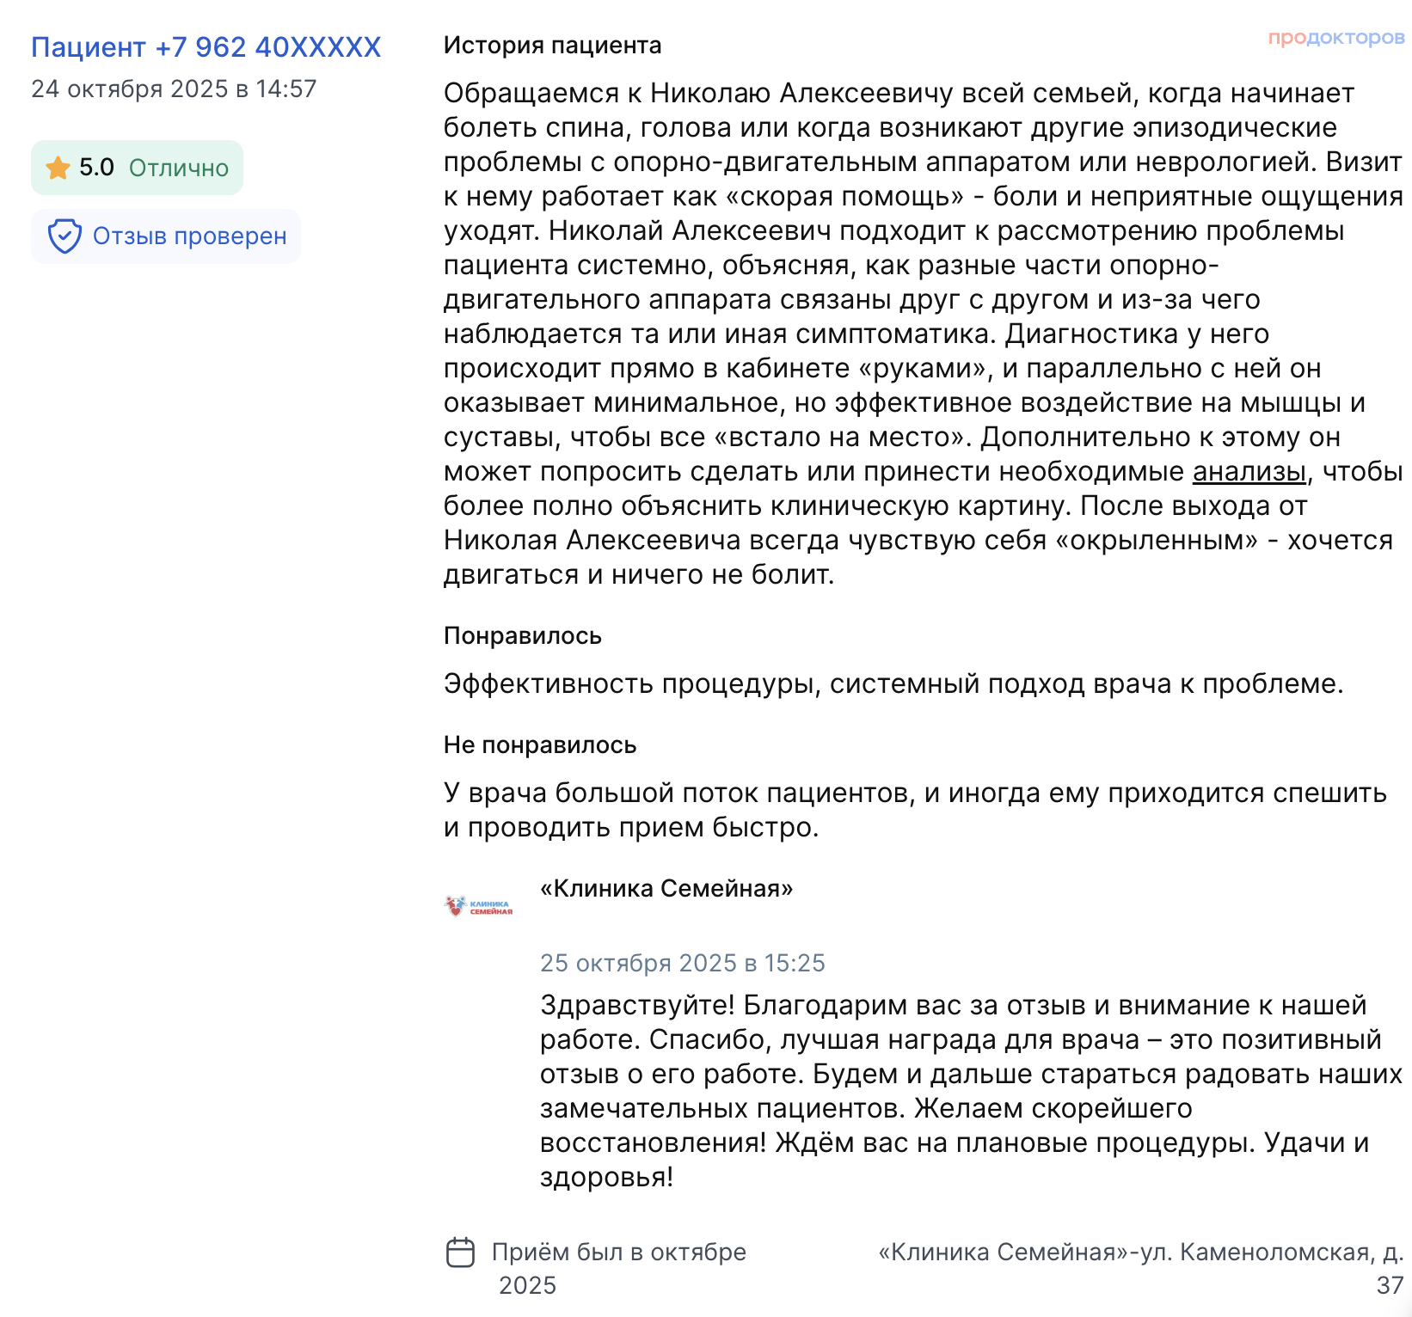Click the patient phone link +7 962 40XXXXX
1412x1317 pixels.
click(x=206, y=47)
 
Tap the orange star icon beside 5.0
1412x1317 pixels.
click(x=58, y=168)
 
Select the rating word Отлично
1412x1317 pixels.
click(x=179, y=168)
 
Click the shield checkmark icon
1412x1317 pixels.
click(x=64, y=236)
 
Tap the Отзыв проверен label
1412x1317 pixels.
click(x=189, y=236)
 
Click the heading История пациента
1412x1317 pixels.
click(x=552, y=46)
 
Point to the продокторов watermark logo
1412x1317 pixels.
click(x=1335, y=38)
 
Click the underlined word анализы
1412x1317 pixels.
click(x=1249, y=472)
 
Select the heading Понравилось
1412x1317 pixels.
click(x=522, y=636)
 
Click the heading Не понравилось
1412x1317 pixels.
click(x=539, y=745)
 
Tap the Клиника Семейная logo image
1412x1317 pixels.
click(x=478, y=906)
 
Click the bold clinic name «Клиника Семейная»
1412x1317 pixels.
click(x=666, y=889)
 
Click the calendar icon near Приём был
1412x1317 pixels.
click(x=460, y=1253)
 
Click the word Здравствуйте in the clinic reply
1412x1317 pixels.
click(x=637, y=1005)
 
